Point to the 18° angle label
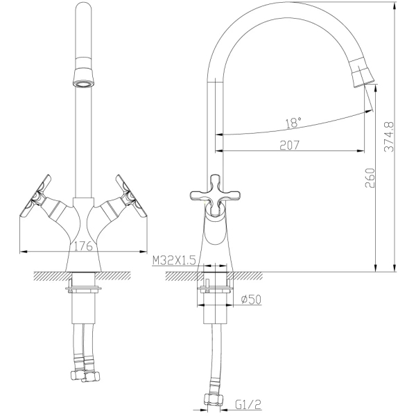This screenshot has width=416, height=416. (293, 123)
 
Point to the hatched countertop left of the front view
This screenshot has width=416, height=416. (49, 277)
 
